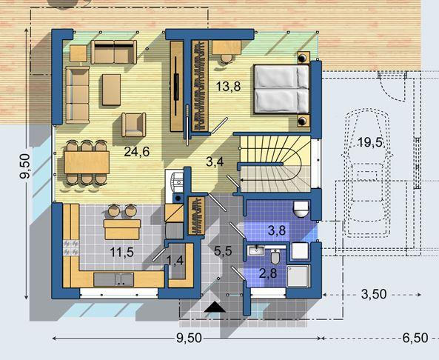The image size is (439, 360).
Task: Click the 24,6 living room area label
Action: (x=137, y=152)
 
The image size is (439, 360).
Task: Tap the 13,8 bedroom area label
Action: (x=228, y=87)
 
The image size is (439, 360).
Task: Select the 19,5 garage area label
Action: (x=370, y=142)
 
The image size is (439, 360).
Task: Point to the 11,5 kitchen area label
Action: (x=121, y=253)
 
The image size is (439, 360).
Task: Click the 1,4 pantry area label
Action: (x=175, y=261)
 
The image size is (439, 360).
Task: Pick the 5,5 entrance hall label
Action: (x=223, y=250)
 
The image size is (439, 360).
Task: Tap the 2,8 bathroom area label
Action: (x=268, y=273)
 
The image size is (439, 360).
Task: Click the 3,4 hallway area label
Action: (x=215, y=161)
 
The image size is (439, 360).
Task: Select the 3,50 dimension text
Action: (x=374, y=294)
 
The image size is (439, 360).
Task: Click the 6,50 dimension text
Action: (x=415, y=338)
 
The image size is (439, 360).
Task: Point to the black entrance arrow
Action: (x=215, y=307)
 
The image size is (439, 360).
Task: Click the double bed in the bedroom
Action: (x=281, y=89)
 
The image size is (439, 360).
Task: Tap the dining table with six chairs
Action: (x=87, y=162)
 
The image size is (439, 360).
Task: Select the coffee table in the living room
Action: (x=112, y=90)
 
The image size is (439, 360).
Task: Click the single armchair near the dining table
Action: (x=134, y=124)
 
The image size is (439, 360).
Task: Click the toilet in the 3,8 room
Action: (x=301, y=209)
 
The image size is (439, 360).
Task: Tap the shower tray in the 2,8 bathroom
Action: (x=299, y=276)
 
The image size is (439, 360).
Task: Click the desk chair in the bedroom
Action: (x=227, y=59)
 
